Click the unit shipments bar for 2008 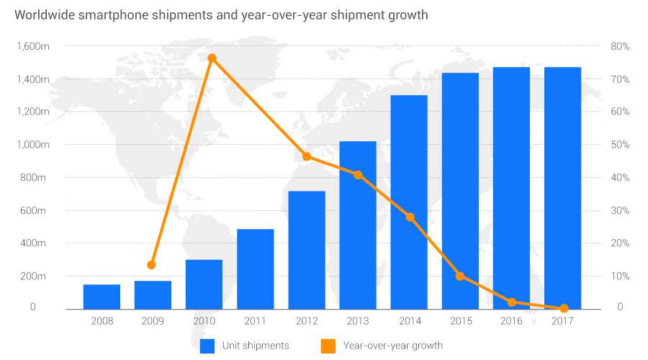102,297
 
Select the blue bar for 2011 256,269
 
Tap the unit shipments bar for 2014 409,202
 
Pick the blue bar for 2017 563,188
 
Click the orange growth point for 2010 212,58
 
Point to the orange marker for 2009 151,265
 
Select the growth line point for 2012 307,156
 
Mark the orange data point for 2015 460,276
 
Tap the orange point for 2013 358,175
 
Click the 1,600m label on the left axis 31,47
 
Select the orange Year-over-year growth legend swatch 328,346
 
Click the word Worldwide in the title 44,15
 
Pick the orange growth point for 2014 410,217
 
